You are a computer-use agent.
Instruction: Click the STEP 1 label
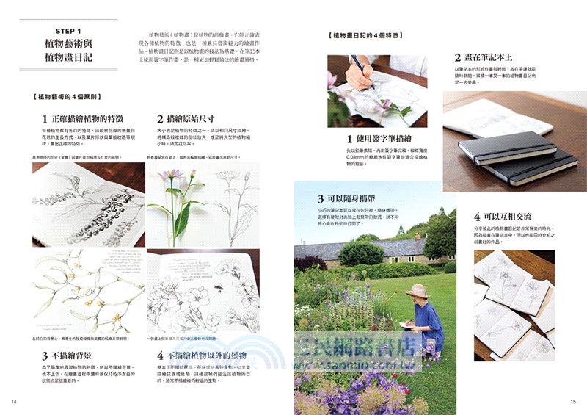point(68,31)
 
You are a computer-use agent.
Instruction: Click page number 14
point(14,401)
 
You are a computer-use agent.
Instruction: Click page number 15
point(573,401)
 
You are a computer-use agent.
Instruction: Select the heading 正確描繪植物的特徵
point(87,118)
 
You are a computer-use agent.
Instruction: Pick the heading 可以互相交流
point(510,217)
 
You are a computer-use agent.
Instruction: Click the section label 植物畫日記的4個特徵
point(364,35)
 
